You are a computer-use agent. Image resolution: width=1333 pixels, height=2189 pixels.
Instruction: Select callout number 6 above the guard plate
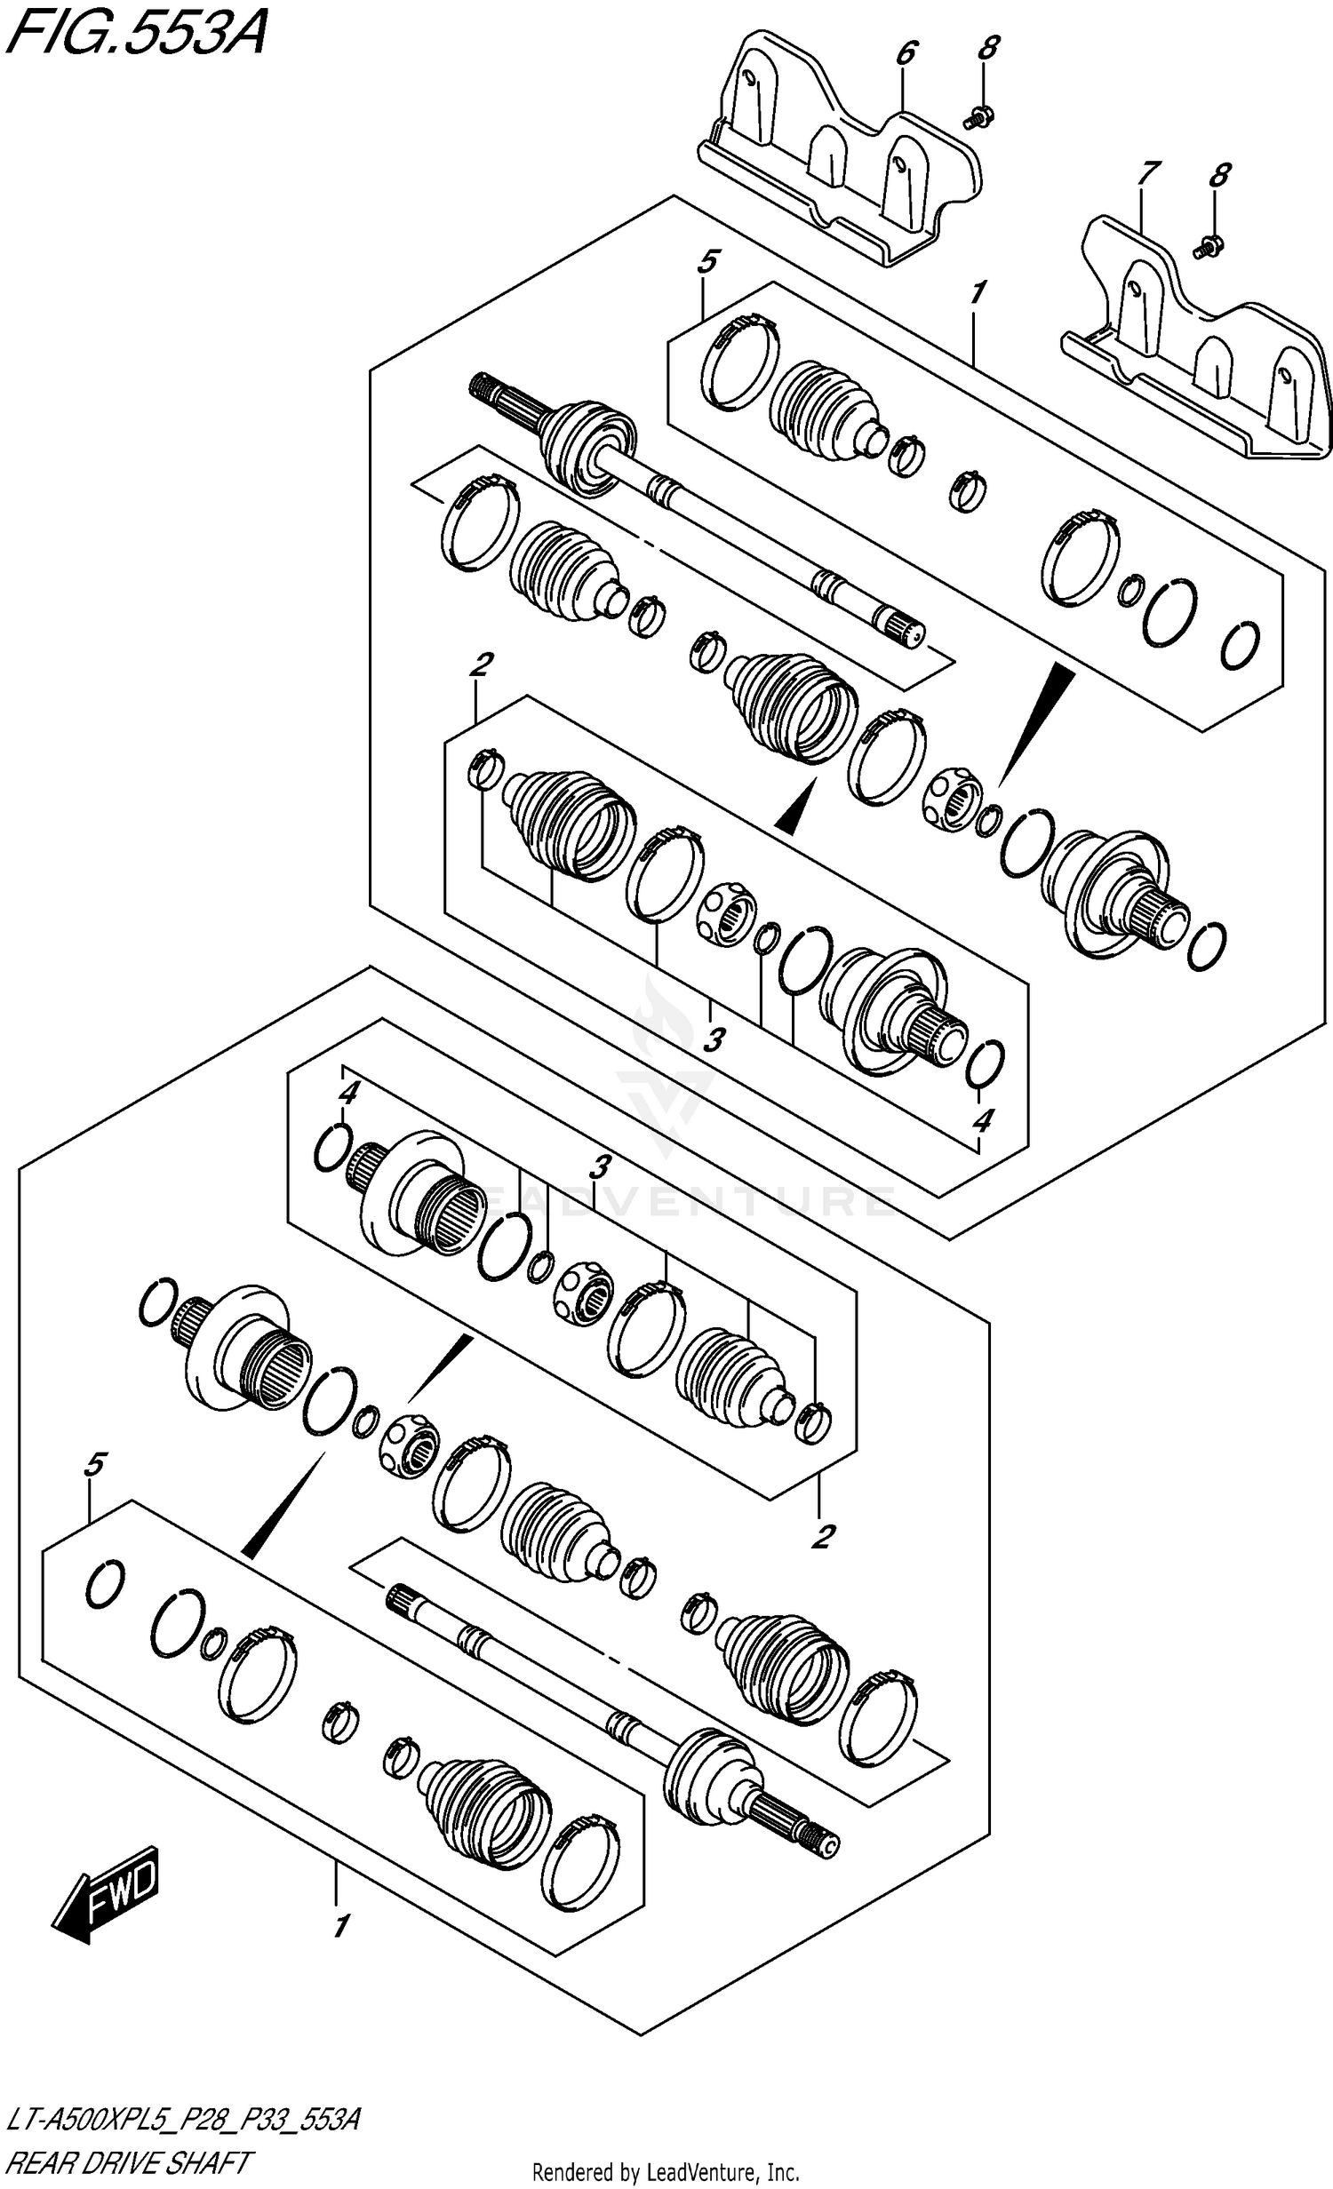[x=905, y=53]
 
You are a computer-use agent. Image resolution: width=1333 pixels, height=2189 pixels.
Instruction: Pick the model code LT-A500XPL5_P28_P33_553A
[x=182, y=2121]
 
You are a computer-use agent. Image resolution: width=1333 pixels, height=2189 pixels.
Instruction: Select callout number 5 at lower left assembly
[x=95, y=1464]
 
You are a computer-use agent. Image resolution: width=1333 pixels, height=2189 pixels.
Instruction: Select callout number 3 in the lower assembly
[x=601, y=1166]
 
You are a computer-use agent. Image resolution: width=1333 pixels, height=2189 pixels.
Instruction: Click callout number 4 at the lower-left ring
[x=348, y=1093]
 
